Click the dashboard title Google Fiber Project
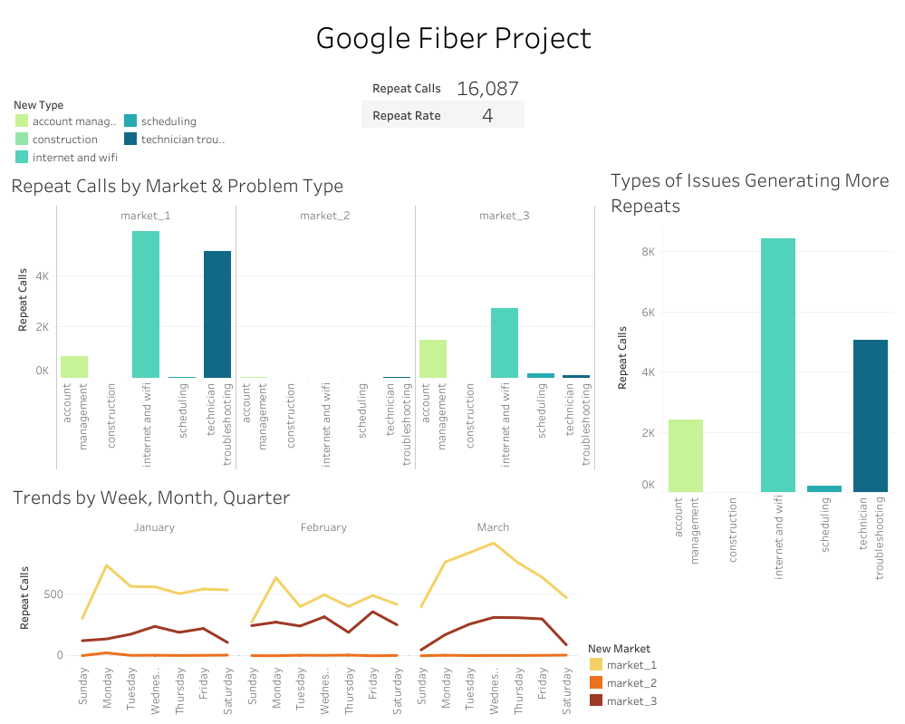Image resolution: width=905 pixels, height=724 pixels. pyautogui.click(x=453, y=38)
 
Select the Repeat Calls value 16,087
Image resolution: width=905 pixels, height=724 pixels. pyautogui.click(x=487, y=89)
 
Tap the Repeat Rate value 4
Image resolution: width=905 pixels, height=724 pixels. pyautogui.click(x=487, y=115)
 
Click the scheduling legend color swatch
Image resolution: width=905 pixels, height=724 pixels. pyautogui.click(x=130, y=121)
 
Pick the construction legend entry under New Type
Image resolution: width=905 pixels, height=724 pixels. pyautogui.click(x=64, y=140)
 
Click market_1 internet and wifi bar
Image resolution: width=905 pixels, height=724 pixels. pyautogui.click(x=146, y=304)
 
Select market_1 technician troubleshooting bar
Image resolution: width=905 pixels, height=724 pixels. pyautogui.click(x=217, y=314)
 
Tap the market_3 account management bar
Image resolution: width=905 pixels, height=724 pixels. pyautogui.click(x=433, y=359)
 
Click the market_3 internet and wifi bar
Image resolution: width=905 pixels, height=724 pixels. pyautogui.click(x=505, y=343)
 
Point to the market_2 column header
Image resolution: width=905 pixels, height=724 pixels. pyautogui.click(x=324, y=216)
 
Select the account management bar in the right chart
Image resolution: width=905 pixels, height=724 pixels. pyautogui.click(x=686, y=456)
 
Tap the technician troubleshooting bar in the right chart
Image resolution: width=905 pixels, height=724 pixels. pyautogui.click(x=871, y=416)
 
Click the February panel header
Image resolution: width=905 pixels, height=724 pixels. pyautogui.click(x=323, y=527)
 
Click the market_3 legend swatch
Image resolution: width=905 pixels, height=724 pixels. pyautogui.click(x=595, y=700)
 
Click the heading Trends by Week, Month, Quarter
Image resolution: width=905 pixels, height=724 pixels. pyautogui.click(x=151, y=497)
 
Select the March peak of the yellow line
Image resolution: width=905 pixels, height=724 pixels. pyautogui.click(x=493, y=543)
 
